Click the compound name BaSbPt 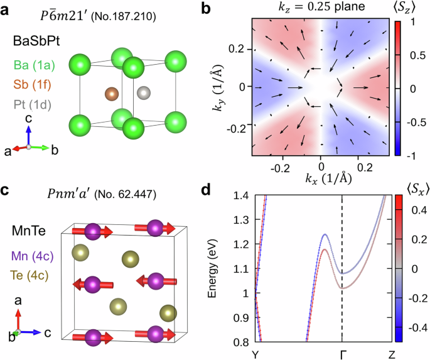point(38,43)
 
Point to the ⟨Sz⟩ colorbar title point(407,9)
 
